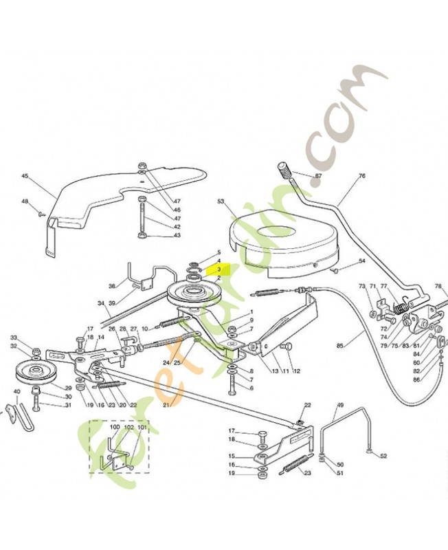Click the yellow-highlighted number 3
[219, 269]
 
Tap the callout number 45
[25, 176]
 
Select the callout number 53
[221, 201]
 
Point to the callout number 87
[317, 176]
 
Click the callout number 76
[362, 176]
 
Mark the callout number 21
[166, 405]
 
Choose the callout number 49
[339, 406]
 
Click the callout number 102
[128, 428]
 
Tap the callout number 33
[13, 338]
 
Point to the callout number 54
[362, 261]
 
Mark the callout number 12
[297, 371]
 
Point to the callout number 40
[16, 393]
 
